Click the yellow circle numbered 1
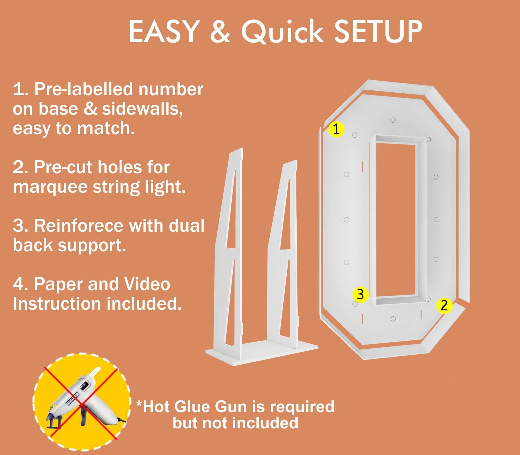pyautogui.click(x=336, y=129)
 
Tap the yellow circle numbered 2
pyautogui.click(x=444, y=305)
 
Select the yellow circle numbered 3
pyautogui.click(x=360, y=294)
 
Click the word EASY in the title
pyautogui.click(x=164, y=32)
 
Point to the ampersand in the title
pyautogui.click(x=220, y=32)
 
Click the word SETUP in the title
pyautogui.click(x=378, y=32)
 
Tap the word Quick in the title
pyautogui.click(x=282, y=32)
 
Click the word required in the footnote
pyautogui.click(x=302, y=407)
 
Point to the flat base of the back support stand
pyautogui.click(x=262, y=353)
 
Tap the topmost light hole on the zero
pyautogui.click(x=393, y=120)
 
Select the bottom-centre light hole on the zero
pyautogui.click(x=393, y=319)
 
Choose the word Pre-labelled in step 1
pyautogui.click(x=84, y=89)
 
